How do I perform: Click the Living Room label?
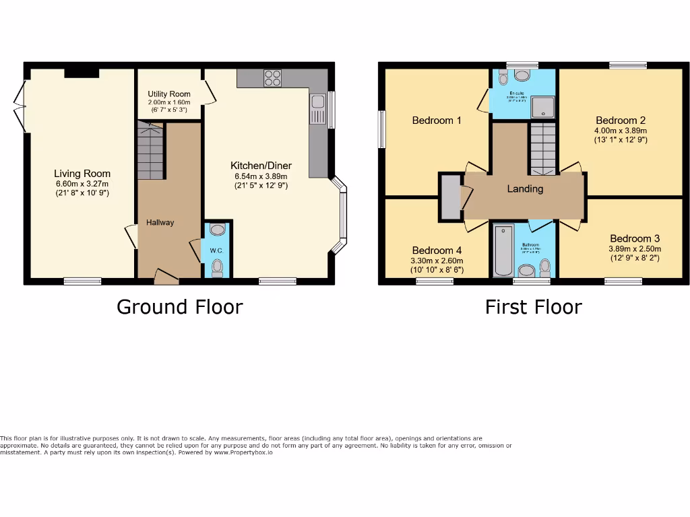pos(82,174)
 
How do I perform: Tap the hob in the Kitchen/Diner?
pos(273,78)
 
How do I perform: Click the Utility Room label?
pos(169,94)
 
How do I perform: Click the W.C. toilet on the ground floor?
pos(217,269)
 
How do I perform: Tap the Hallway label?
pos(161,223)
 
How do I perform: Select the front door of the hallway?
pos(165,274)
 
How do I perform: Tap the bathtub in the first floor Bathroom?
pos(503,252)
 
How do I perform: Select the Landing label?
pos(525,189)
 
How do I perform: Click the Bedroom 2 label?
pos(621,120)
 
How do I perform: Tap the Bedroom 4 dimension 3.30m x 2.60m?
pos(437,261)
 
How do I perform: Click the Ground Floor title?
pos(179,307)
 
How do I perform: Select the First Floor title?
pos(533,307)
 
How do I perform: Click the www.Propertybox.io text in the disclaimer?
pos(243,452)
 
